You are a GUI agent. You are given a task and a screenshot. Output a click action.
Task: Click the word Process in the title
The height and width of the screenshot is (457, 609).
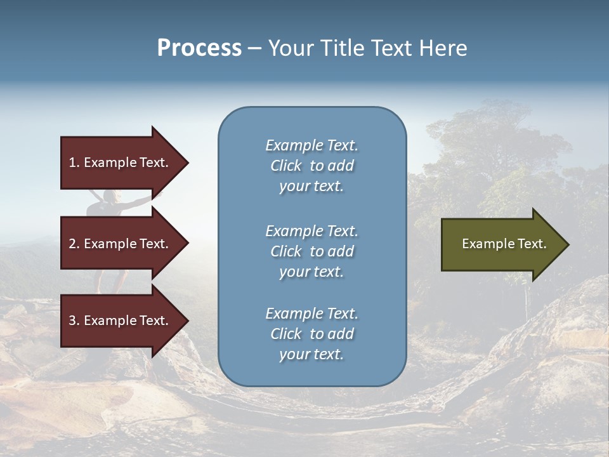coord(199,48)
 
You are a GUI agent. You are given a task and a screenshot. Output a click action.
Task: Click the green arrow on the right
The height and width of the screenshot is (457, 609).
coord(501,244)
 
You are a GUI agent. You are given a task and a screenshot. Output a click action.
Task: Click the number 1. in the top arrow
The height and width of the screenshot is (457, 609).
coord(74,162)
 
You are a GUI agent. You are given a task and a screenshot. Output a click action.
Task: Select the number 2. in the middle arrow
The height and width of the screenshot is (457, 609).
coord(74,244)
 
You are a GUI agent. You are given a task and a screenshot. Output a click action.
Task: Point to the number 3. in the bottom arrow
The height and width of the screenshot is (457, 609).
coord(74,321)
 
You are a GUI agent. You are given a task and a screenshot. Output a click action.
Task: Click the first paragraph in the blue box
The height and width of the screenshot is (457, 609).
coord(311,166)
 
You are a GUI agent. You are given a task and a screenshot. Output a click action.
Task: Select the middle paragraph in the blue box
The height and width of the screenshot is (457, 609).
coord(311,251)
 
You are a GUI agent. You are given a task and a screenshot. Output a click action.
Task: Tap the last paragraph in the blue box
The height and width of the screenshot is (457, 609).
coord(311,334)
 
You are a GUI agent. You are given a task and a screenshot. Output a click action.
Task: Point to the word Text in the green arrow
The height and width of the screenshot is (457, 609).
coord(533,244)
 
